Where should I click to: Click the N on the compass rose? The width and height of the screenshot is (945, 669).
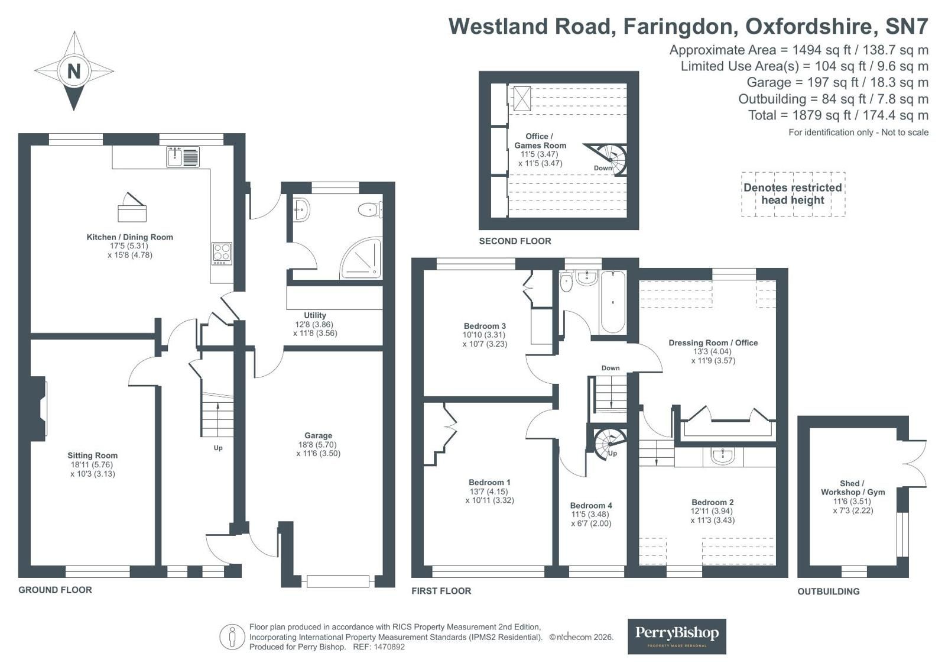coord(74,71)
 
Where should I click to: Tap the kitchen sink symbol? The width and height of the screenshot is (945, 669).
coord(183,157)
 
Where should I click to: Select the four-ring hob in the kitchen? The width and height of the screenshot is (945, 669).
coord(222,254)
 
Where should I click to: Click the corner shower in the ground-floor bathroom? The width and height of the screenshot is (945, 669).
coord(361,259)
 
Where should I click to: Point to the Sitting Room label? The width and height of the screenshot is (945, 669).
coord(92,455)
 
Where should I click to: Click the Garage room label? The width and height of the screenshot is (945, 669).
coord(318,435)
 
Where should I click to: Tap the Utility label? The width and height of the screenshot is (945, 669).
coord(315,315)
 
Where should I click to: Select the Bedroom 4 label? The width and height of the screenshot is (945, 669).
coord(591,506)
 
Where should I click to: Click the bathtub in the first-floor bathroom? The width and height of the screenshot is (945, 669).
coord(612,302)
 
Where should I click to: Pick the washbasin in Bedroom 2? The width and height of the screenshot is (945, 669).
coord(723,456)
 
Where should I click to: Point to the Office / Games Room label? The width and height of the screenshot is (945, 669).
coord(540,141)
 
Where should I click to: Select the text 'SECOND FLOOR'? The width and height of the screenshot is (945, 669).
coord(515,241)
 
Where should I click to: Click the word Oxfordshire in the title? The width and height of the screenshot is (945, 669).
coord(808,26)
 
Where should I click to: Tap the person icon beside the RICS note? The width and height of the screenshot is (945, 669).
coord(232,636)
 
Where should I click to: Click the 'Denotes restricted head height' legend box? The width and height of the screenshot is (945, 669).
coord(793,194)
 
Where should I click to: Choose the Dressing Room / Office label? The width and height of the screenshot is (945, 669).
coord(713,342)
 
